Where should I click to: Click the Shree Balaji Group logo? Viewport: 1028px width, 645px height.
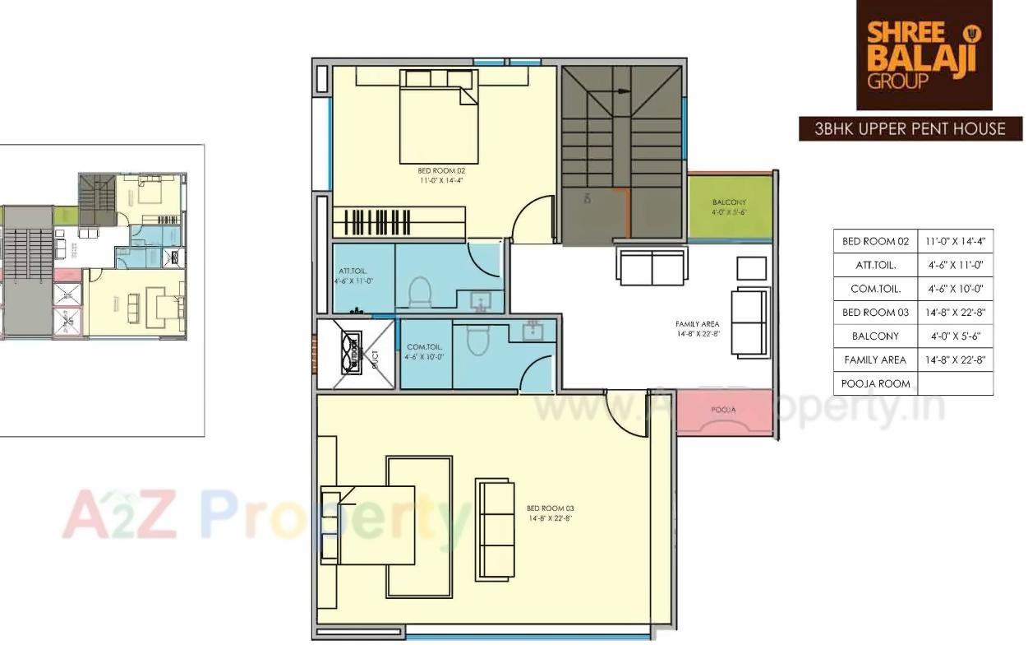click(924, 55)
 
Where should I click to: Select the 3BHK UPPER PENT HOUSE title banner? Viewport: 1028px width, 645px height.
click(910, 129)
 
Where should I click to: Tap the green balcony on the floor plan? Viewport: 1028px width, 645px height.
click(730, 206)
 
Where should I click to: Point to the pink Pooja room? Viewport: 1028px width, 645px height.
click(724, 412)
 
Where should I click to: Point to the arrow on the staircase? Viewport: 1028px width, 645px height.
click(621, 91)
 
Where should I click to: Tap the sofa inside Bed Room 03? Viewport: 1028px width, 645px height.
click(496, 529)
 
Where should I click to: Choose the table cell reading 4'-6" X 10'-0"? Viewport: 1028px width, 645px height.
click(955, 289)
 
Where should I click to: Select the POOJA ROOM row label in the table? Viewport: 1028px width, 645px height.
click(875, 383)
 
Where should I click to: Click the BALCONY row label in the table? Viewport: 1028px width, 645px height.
click(875, 336)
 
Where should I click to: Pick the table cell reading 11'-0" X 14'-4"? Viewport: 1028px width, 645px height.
click(955, 242)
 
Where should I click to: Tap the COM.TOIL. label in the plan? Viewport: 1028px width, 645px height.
click(424, 352)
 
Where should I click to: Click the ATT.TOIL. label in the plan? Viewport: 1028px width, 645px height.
click(353, 274)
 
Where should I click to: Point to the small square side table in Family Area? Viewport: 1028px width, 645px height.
click(751, 268)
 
